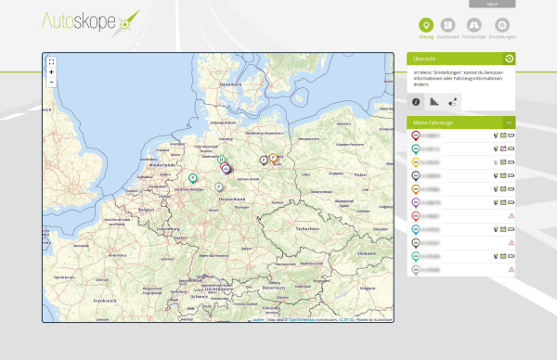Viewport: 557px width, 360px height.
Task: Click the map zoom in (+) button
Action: pyautogui.click(x=51, y=72)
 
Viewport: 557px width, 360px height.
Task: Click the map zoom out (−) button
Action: pyautogui.click(x=51, y=83)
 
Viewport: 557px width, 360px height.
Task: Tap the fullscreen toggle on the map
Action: pyautogui.click(x=51, y=62)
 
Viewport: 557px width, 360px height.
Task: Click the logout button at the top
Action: pyautogui.click(x=491, y=5)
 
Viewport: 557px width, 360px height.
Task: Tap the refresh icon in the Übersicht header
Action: pyautogui.click(x=509, y=58)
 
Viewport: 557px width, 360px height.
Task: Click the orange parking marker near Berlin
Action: pyautogui.click(x=273, y=158)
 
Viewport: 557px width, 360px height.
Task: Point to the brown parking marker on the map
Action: pyautogui.click(x=264, y=160)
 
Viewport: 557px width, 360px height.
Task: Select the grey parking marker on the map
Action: pyautogui.click(x=218, y=187)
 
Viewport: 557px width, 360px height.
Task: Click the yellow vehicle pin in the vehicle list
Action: pyautogui.click(x=414, y=161)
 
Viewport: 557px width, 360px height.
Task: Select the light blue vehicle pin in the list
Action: pyautogui.click(x=414, y=228)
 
